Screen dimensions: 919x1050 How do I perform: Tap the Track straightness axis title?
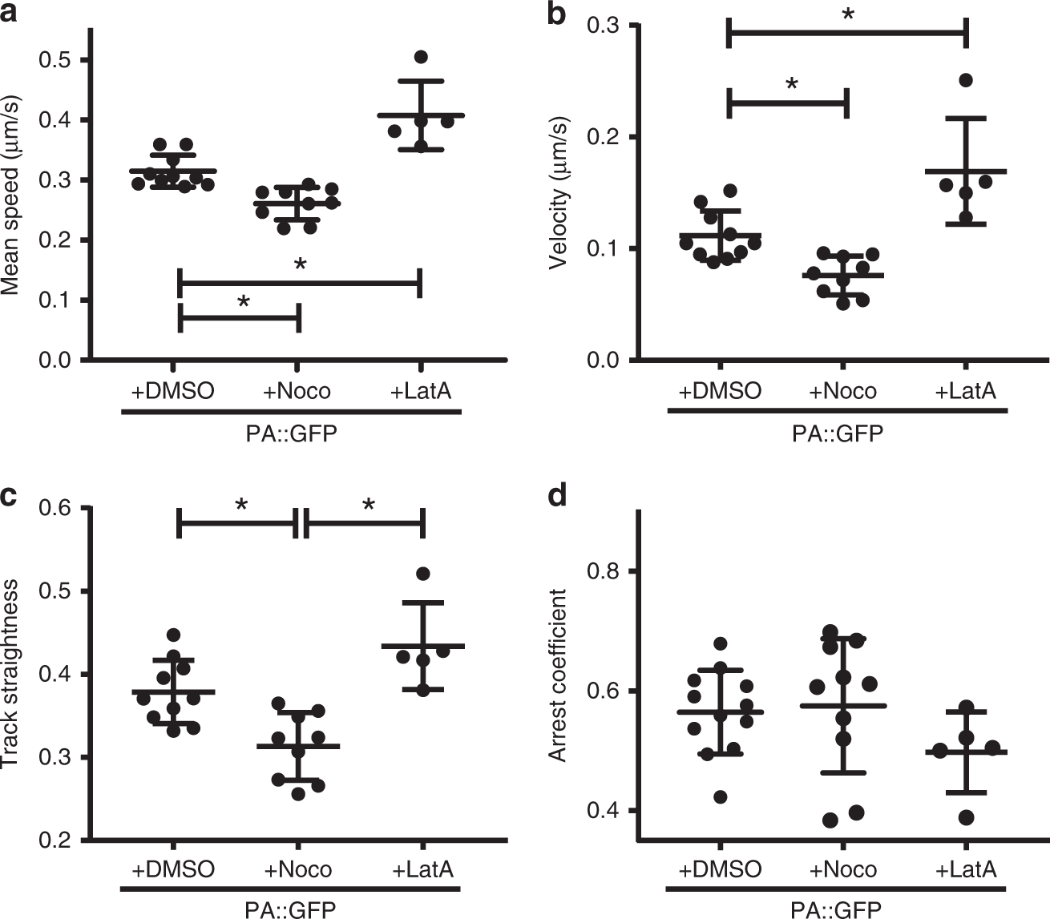pos(11,675)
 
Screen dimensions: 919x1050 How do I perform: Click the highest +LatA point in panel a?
pos(421,57)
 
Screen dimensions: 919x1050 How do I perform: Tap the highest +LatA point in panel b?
pos(966,80)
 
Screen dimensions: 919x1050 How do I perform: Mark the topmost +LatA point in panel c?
pos(423,574)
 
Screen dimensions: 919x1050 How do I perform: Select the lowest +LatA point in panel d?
pos(966,817)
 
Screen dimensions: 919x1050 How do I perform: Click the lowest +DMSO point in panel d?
pos(721,796)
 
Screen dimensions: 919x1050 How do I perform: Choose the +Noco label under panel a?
pos(297,391)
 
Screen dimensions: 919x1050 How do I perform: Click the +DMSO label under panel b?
pos(720,391)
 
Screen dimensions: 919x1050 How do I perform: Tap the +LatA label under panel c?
pos(423,869)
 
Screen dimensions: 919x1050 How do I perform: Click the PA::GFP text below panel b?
pos(838,433)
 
